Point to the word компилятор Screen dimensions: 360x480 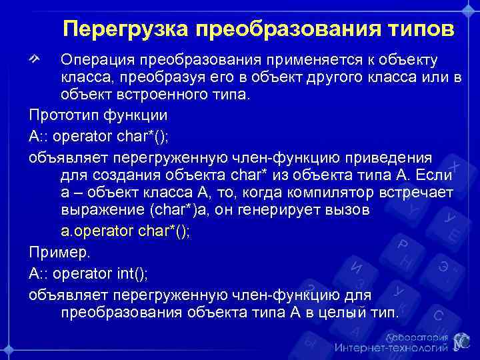[x=323, y=193]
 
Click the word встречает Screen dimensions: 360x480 [x=414, y=193]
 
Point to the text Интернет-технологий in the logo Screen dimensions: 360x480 [x=391, y=348]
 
